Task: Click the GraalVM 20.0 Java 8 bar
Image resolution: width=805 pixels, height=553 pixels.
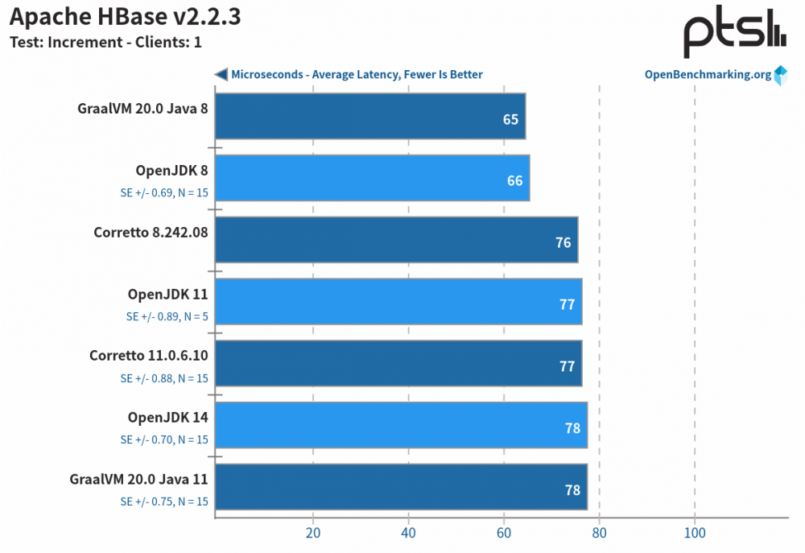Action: point(370,116)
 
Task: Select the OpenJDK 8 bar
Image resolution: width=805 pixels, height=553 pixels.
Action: point(372,178)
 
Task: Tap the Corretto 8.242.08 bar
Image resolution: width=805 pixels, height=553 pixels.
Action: point(396,239)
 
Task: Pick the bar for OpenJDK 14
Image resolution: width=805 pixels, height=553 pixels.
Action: point(401,425)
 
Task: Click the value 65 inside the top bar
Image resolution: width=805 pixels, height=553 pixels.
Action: point(510,119)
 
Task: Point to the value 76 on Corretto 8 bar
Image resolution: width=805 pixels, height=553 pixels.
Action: point(563,242)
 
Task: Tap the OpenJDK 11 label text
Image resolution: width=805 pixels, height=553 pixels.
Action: point(167,294)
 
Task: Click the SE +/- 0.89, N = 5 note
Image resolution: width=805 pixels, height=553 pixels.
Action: point(167,316)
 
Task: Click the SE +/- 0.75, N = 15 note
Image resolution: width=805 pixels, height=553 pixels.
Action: point(164,501)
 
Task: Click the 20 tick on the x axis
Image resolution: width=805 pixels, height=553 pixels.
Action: point(313,533)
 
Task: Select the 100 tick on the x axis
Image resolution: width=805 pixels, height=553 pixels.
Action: point(695,533)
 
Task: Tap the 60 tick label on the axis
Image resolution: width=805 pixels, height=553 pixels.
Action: point(504,533)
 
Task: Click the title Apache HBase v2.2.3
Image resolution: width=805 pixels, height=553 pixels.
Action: point(125,17)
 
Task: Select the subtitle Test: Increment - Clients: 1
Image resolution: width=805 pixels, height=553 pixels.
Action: point(105,43)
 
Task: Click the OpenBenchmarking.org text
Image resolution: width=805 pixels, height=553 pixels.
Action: point(708,75)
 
